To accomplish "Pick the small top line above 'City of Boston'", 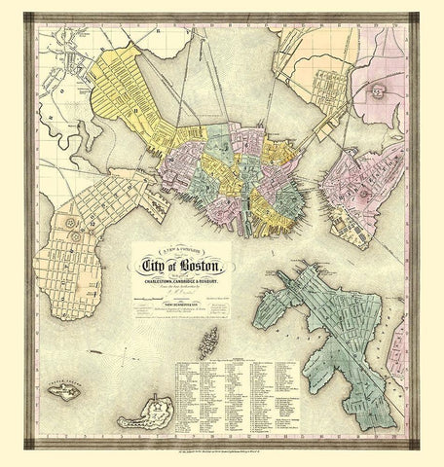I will coord(178,252).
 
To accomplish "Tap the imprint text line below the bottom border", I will coord(222,457).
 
